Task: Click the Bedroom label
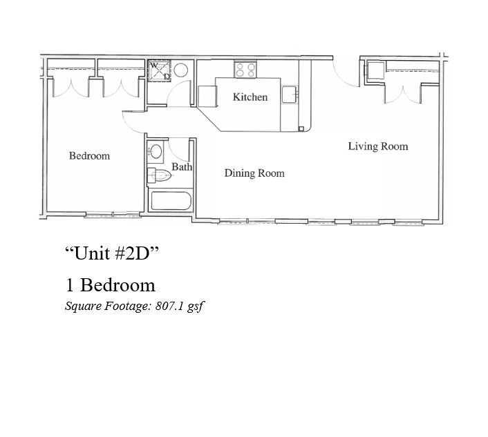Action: click(89, 156)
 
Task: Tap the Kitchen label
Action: click(250, 97)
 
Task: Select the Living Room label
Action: click(377, 146)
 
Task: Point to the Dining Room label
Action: click(254, 173)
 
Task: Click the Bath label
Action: click(182, 167)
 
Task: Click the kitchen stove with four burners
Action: click(245, 69)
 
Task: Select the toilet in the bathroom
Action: click(160, 175)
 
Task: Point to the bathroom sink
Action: click(156, 151)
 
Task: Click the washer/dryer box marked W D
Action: click(160, 70)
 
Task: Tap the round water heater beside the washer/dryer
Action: click(181, 70)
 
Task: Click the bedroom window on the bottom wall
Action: click(112, 215)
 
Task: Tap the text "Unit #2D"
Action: click(112, 253)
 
